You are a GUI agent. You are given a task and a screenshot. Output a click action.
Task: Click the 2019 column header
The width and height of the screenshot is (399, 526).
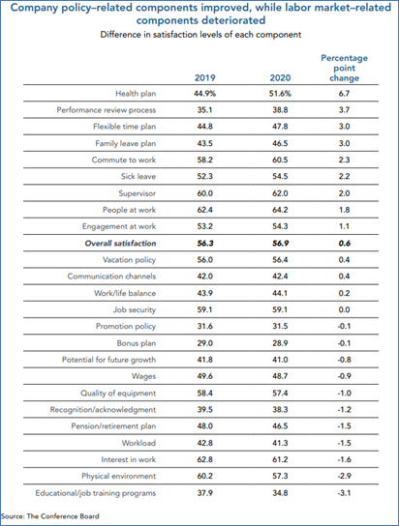(205, 77)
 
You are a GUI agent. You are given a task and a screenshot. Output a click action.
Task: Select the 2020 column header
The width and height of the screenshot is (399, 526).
(280, 77)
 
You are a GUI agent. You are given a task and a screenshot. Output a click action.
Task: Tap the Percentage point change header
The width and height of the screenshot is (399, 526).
(344, 68)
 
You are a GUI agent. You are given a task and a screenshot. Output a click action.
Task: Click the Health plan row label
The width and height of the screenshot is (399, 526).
(136, 94)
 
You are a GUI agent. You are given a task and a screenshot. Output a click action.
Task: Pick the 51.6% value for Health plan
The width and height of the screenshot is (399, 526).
(280, 94)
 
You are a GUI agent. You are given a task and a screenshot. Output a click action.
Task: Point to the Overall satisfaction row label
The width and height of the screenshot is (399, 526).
(120, 244)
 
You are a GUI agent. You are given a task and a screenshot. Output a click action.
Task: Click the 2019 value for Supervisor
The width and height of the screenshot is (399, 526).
(205, 193)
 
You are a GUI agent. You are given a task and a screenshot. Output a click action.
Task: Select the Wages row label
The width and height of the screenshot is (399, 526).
(143, 376)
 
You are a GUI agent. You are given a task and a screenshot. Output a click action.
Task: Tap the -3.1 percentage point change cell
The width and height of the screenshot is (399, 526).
(344, 493)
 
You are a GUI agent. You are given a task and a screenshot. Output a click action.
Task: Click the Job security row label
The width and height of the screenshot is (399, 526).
(135, 310)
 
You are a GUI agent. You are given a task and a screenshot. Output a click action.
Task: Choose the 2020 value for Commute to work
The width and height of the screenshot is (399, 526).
(280, 160)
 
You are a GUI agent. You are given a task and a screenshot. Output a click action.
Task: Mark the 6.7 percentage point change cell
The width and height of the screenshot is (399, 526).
(344, 94)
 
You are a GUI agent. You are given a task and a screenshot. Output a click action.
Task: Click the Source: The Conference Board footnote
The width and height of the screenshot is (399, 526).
(50, 516)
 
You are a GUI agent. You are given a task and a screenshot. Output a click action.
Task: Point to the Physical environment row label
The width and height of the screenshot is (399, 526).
(119, 477)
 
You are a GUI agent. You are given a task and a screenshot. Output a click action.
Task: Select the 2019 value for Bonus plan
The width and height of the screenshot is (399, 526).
(205, 343)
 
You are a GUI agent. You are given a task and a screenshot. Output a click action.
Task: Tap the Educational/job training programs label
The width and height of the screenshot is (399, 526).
(96, 493)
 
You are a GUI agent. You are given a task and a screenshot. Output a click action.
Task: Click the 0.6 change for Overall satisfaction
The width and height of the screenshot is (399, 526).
(344, 244)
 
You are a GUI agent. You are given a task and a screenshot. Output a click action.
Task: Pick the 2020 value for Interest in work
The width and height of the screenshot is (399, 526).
(280, 459)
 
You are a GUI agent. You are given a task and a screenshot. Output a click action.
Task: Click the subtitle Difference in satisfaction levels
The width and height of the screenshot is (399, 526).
(200, 35)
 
